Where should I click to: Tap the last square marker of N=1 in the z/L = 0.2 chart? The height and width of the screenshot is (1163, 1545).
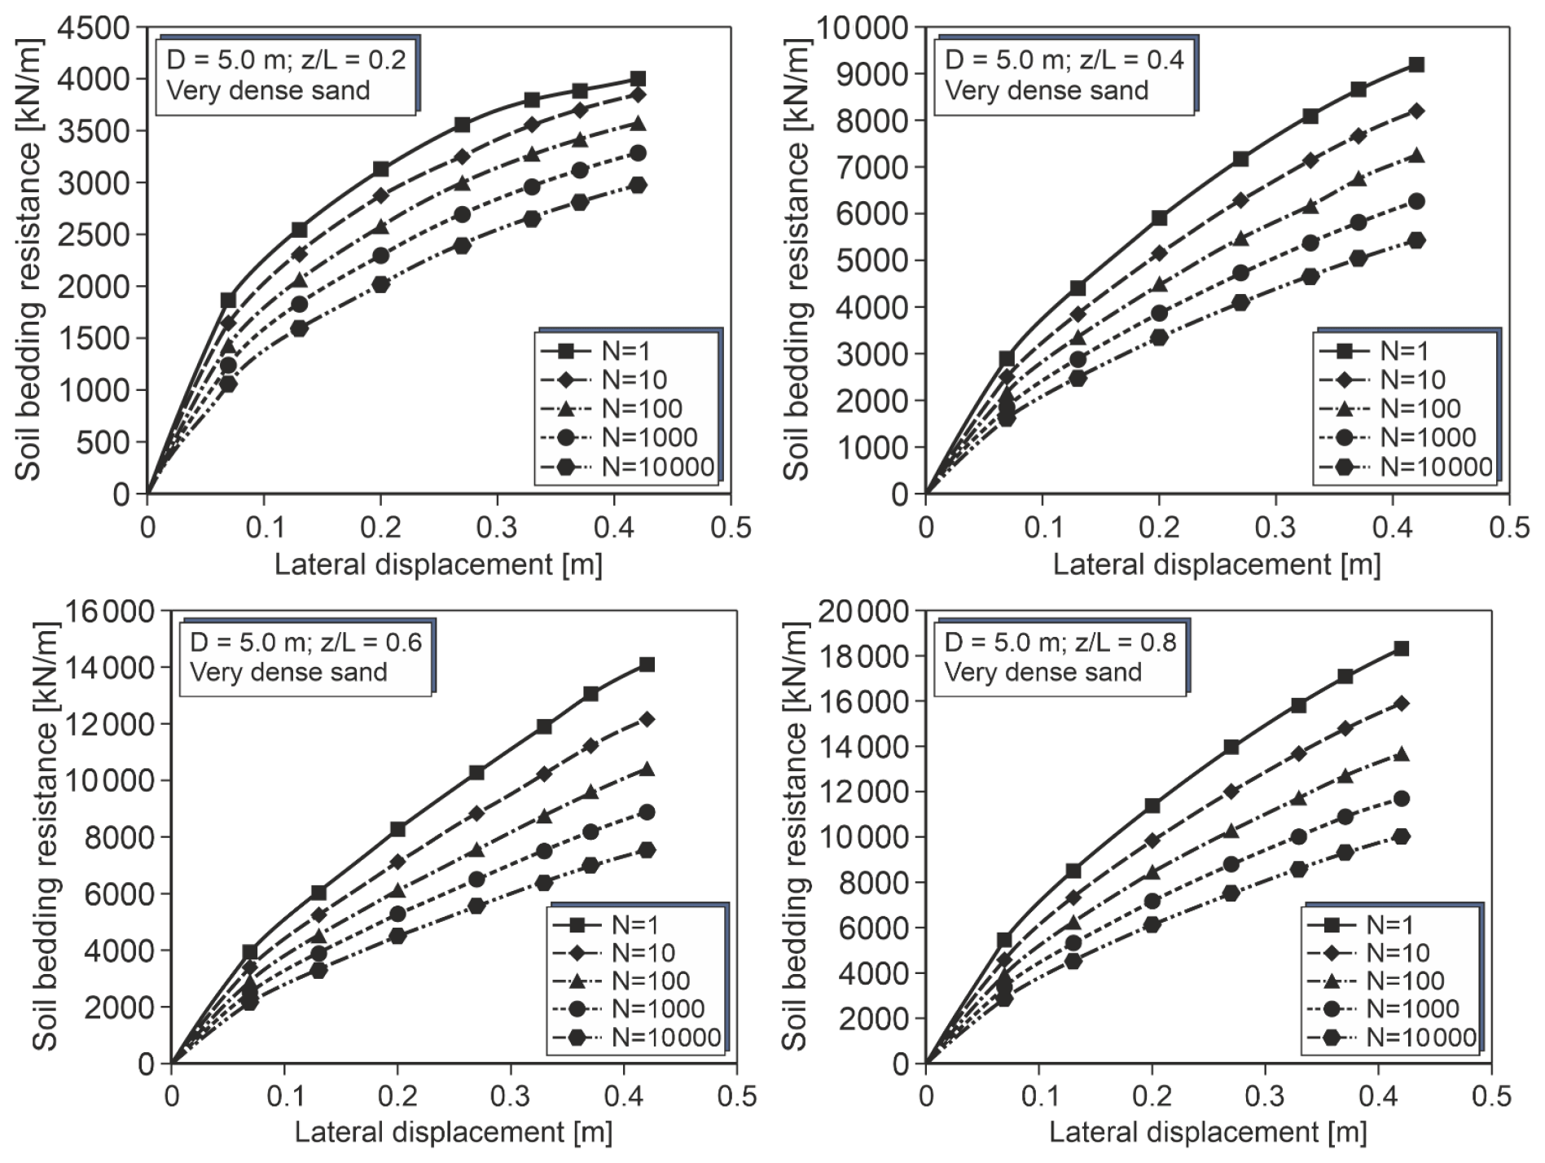click(638, 79)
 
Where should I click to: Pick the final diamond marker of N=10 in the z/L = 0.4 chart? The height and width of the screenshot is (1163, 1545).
click(1416, 111)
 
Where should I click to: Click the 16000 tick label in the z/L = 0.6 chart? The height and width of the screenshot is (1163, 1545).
click(109, 611)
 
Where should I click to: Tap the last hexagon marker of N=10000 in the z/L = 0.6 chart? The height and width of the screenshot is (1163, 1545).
click(647, 850)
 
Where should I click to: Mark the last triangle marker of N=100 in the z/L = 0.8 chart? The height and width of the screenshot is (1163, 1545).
click(1401, 754)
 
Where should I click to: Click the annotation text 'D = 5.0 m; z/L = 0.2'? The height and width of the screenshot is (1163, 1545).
click(286, 59)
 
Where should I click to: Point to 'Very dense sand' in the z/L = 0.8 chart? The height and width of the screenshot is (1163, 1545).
click(1042, 672)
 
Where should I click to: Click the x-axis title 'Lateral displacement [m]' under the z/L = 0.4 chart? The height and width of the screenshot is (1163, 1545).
click(1216, 564)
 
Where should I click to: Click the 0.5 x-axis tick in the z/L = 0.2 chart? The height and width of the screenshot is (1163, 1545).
click(731, 528)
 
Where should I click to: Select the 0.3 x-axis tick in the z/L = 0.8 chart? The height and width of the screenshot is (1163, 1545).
click(1266, 1096)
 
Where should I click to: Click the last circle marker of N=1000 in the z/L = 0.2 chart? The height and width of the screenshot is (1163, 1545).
click(638, 153)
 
